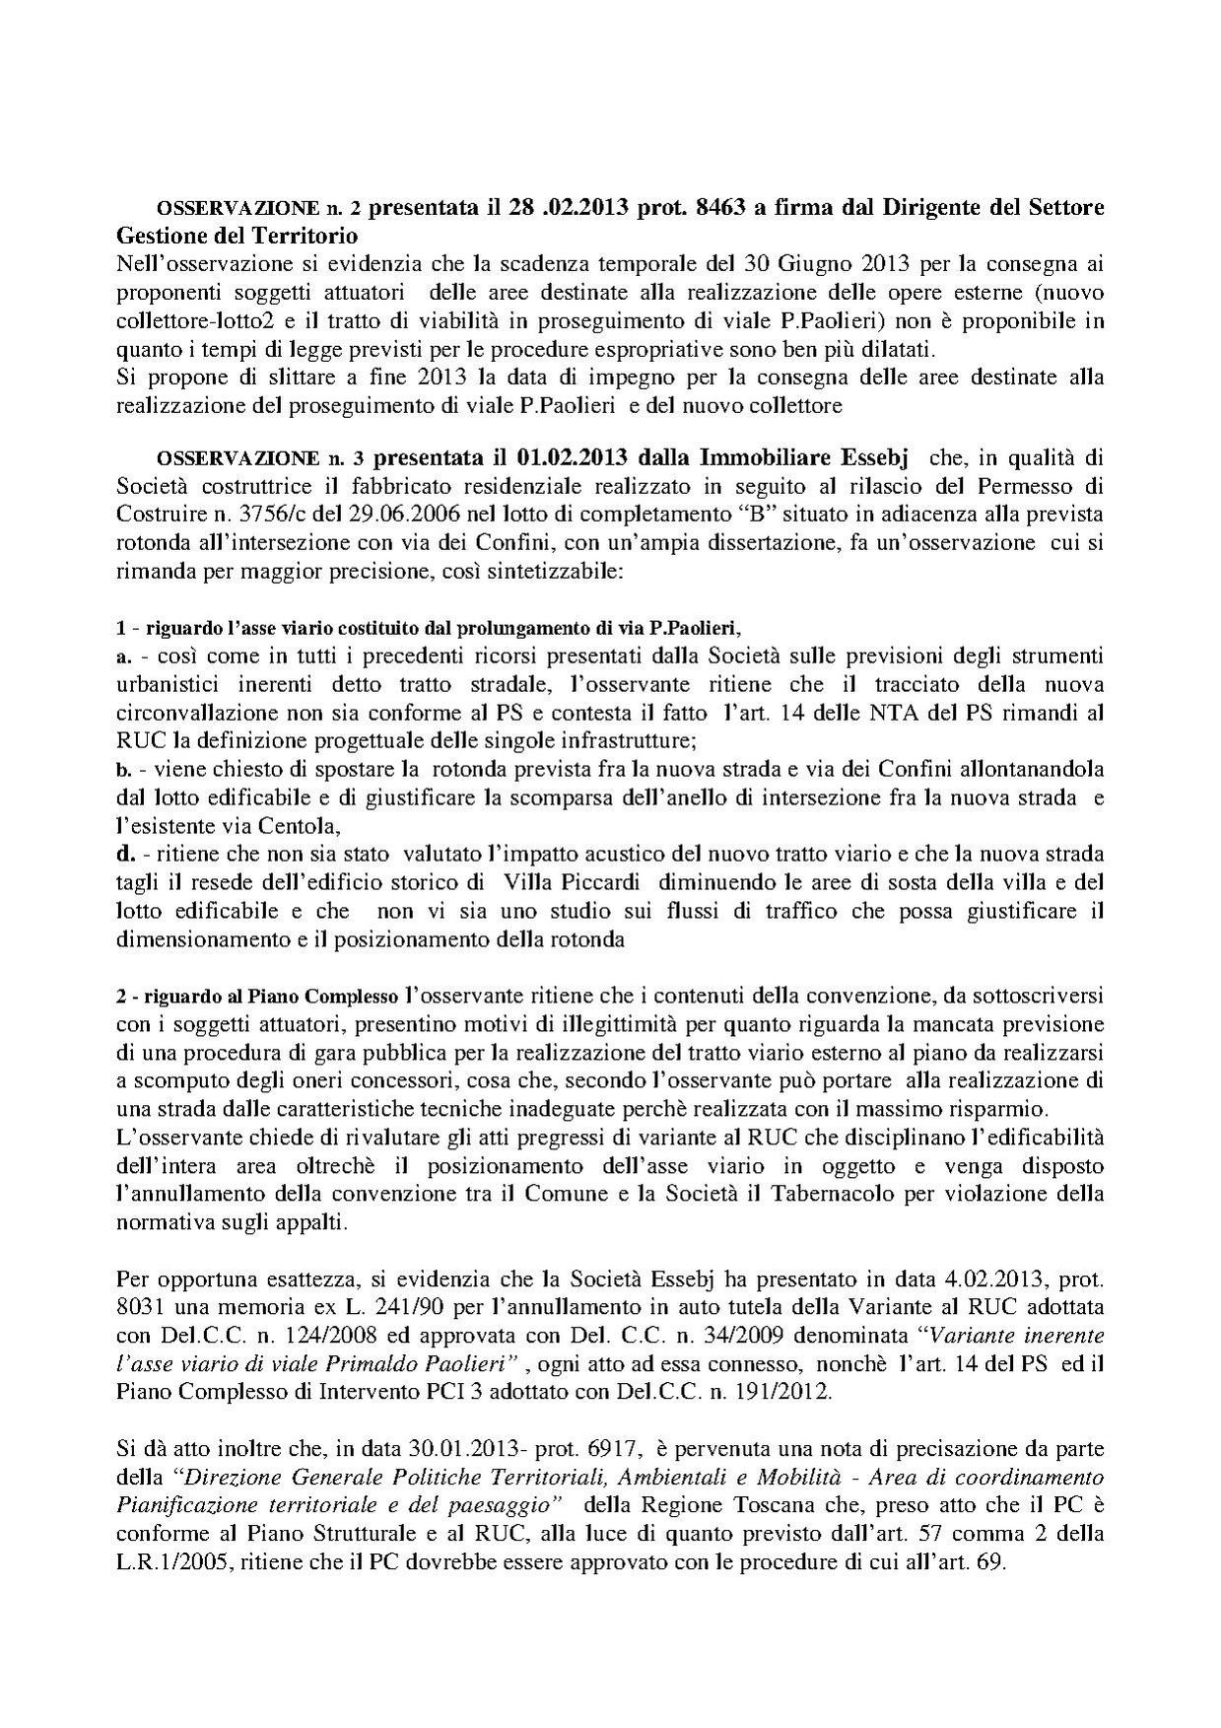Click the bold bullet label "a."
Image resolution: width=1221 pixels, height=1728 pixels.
(x=124, y=656)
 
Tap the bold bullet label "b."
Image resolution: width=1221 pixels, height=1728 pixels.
(x=125, y=769)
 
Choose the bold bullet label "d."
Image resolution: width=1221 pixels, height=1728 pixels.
(x=126, y=853)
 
